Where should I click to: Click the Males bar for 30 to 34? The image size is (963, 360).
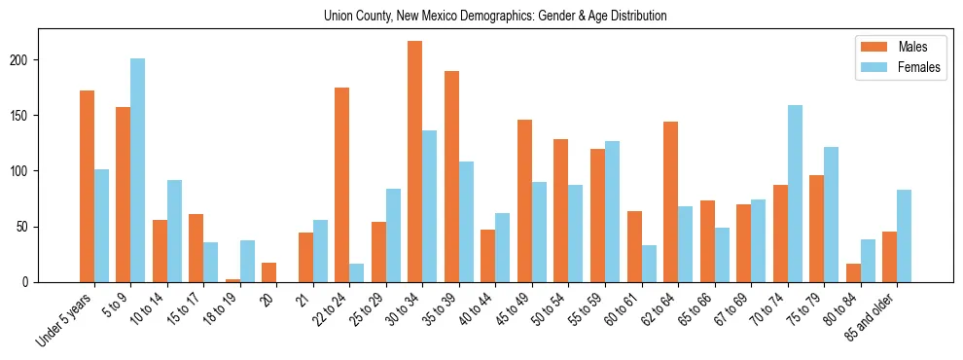pos(415,162)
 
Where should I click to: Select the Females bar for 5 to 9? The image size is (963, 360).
pos(138,170)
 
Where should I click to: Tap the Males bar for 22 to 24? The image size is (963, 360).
pos(342,185)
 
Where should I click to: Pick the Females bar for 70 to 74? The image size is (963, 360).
pos(795,194)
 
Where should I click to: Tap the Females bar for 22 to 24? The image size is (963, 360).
pos(357,272)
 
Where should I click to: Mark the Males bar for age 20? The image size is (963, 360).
pos(269,272)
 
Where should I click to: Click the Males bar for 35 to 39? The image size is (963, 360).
pos(451,176)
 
